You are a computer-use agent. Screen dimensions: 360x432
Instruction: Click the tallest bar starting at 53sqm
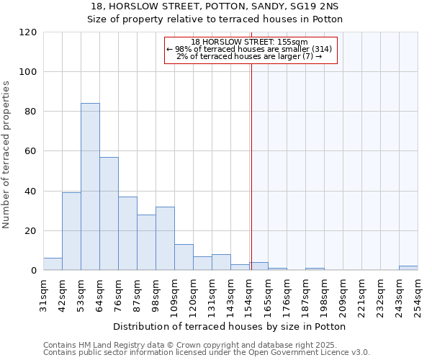coord(90,187)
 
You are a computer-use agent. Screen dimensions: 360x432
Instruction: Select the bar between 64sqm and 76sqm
coord(109,214)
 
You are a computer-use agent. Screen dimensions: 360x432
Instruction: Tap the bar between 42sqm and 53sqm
coord(71,231)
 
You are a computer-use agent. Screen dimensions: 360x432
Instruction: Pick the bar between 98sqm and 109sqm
coord(165,238)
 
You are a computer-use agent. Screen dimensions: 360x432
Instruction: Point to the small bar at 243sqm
coord(408,269)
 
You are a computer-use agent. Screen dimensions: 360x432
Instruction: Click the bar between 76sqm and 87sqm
coord(127,233)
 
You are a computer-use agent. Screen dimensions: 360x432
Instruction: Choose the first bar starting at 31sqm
coord(53,264)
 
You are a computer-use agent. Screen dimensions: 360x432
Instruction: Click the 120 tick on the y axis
coord(28,32)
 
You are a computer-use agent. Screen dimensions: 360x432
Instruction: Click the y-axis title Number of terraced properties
coord(6,155)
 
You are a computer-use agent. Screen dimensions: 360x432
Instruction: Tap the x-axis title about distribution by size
coord(230,326)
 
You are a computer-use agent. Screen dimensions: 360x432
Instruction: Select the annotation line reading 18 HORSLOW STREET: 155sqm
coord(250,42)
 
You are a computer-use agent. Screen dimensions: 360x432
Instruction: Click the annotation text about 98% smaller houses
coord(249,49)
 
